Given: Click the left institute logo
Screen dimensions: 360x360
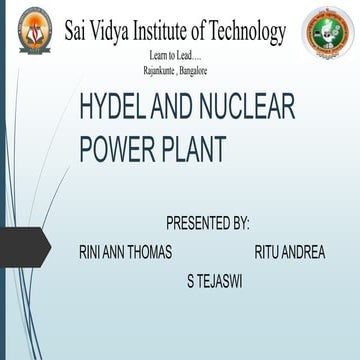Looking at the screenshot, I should click(32, 34).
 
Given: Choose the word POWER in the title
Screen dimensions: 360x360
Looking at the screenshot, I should click(122, 149).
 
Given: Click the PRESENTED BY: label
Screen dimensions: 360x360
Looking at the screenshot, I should click(207, 221).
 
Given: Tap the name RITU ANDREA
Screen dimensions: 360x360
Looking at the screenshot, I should click(290, 252).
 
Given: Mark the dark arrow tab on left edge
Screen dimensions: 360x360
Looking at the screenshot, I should click(22, 246).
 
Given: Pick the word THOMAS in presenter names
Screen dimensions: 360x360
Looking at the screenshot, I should click(154, 252).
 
